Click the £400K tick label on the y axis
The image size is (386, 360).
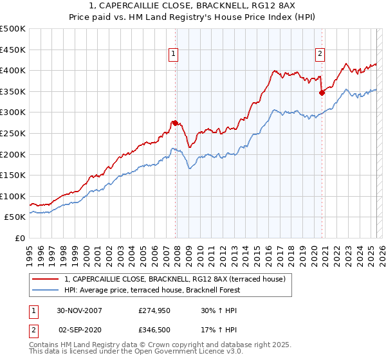13,70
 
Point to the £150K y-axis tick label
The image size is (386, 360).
13,175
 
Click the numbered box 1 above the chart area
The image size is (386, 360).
174,54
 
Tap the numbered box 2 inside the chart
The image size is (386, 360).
320,54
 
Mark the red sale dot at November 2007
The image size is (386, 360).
175,123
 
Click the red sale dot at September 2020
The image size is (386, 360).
322,93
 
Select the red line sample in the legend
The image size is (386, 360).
46,278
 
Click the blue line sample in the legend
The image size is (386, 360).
46,290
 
